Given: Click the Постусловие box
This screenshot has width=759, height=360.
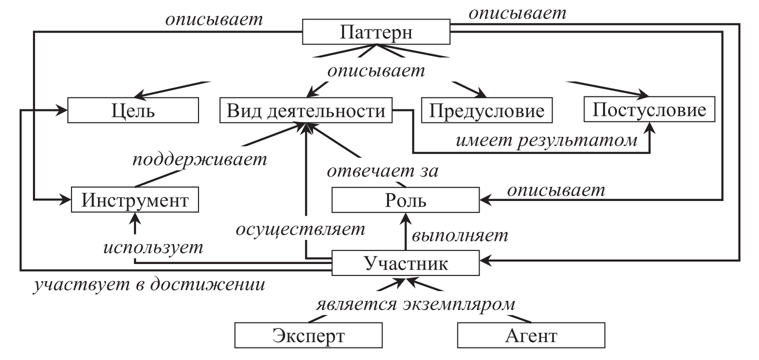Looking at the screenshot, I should click(x=649, y=110).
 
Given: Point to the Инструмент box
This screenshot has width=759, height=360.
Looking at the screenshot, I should click(x=135, y=200).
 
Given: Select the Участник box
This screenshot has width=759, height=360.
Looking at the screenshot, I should click(x=406, y=262).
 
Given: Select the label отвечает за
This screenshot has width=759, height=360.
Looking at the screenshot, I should click(x=382, y=171).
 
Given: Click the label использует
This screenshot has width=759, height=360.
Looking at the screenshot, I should click(x=154, y=247).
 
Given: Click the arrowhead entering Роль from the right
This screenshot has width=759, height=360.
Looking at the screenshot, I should click(x=484, y=200).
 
